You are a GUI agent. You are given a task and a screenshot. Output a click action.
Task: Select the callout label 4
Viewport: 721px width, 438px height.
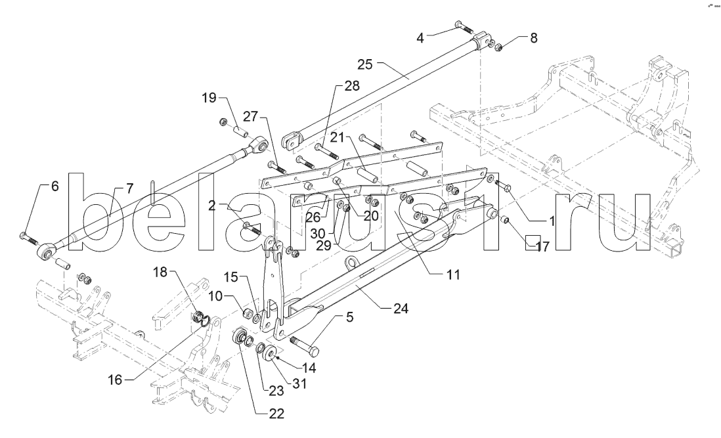pos(420,37)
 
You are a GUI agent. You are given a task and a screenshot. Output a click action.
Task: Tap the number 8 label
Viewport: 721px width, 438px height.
pos(533,38)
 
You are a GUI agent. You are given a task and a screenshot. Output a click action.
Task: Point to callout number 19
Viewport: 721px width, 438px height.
pos(209,97)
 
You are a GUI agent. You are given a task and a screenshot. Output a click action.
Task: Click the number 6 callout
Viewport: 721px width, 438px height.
pos(55,186)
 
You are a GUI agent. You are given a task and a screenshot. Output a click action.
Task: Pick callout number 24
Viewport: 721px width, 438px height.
pos(401,308)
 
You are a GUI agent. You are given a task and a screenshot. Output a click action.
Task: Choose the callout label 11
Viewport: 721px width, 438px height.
pos(453,275)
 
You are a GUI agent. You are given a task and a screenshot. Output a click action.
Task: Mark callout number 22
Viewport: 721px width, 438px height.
pos(276,414)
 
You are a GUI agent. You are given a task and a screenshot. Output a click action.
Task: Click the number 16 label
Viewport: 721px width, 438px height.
pos(116,380)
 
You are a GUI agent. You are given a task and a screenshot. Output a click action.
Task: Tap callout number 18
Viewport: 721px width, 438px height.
pos(161,272)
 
